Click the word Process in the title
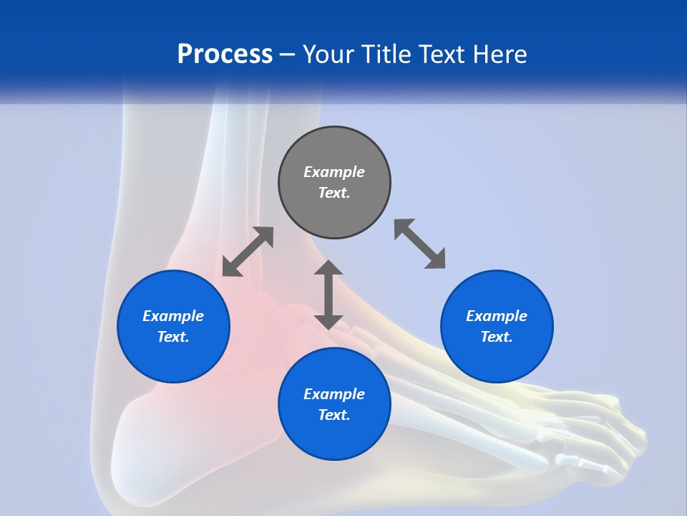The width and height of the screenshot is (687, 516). tap(225, 54)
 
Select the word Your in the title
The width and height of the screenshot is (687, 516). tap(329, 54)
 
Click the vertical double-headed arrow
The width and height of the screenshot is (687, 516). tap(328, 295)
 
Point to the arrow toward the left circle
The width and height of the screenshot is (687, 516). tap(248, 252)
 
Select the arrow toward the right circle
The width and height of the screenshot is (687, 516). tap(420, 244)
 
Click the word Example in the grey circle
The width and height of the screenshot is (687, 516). tap(334, 172)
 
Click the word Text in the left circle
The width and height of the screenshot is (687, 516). tap(173, 337)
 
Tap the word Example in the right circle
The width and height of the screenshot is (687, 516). tap(497, 316)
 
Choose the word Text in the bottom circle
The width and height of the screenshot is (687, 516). tap(334, 415)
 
